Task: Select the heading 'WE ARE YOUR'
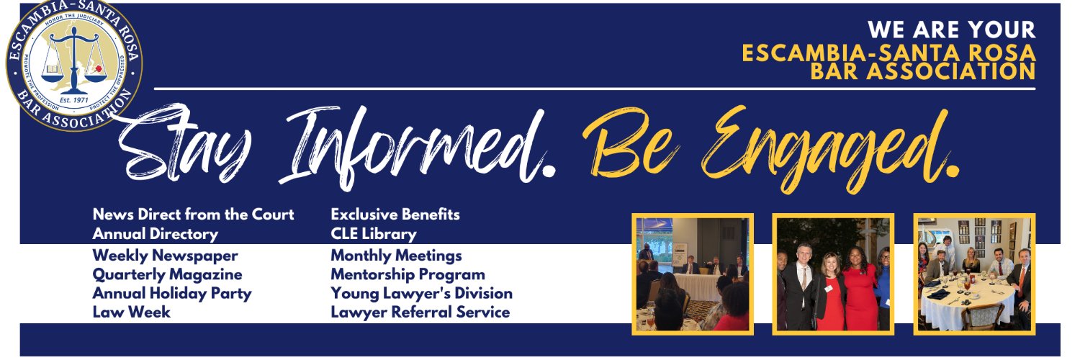tap(951, 30)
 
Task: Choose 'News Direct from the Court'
tap(193, 215)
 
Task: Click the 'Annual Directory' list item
tap(155, 234)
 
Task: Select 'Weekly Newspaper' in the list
tap(165, 256)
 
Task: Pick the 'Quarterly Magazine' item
tap(167, 274)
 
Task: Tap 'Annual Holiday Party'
tap(171, 293)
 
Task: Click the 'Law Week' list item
tap(131, 312)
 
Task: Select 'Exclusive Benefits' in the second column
tap(395, 215)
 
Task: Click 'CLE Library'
tap(373, 234)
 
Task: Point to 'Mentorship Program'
tap(408, 274)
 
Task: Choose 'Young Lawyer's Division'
tap(421, 293)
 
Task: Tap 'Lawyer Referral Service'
tap(420, 312)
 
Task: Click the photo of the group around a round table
tap(974, 274)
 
